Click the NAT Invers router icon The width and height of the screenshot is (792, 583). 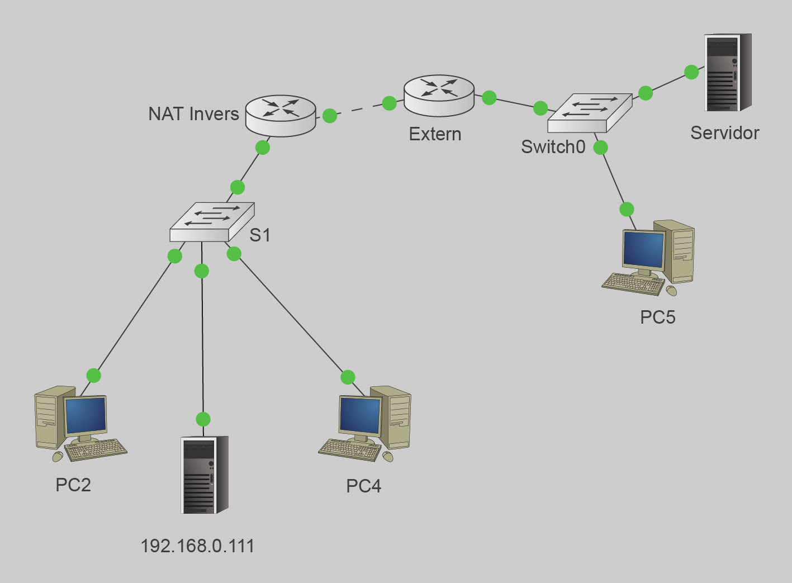(x=281, y=115)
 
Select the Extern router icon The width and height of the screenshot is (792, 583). (x=439, y=95)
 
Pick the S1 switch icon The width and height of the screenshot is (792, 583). (x=212, y=222)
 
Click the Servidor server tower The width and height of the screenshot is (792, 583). (x=727, y=73)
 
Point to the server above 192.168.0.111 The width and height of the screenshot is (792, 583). (x=204, y=475)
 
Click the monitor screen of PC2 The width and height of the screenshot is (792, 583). (x=86, y=415)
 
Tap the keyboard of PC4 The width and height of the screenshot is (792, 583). (x=350, y=449)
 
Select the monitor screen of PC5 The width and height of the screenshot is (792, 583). (x=643, y=250)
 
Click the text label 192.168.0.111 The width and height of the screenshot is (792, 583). (x=197, y=546)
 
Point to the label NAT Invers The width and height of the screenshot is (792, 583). (x=193, y=114)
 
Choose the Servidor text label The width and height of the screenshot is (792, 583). (x=724, y=133)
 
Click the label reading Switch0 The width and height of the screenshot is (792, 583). (x=553, y=147)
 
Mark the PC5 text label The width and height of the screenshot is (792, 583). (x=657, y=317)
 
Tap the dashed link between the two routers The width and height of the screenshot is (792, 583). (x=359, y=110)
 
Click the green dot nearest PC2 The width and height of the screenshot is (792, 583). (x=93, y=376)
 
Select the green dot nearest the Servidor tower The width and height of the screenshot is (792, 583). (x=691, y=72)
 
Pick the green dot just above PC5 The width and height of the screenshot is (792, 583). (x=627, y=209)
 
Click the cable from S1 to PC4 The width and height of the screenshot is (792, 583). (x=291, y=316)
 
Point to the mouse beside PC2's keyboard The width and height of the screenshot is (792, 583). (x=58, y=457)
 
